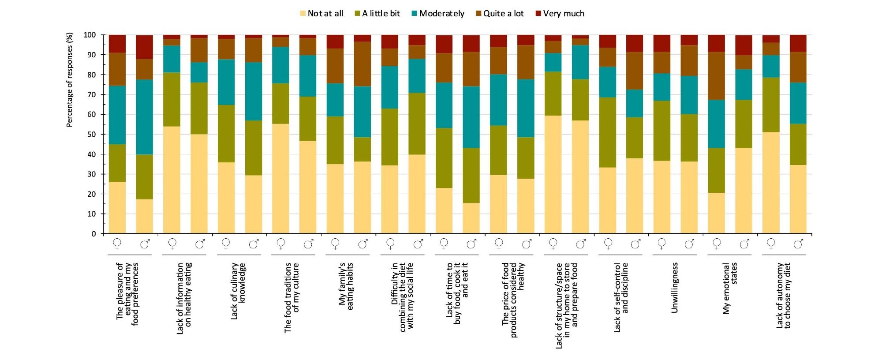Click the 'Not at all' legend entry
(321, 14)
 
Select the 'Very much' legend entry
(560, 14)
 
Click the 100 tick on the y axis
(90, 35)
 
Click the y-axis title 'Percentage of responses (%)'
(69, 80)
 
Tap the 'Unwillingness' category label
(675, 288)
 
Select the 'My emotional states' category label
(730, 288)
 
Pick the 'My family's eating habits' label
(346, 286)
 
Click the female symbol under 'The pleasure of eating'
(117, 244)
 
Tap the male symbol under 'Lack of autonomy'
(799, 244)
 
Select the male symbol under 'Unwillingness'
(689, 244)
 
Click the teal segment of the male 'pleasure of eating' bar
(144, 117)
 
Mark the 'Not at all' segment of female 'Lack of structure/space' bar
(553, 174)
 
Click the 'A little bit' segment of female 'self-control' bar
(608, 132)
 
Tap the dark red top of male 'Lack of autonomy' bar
(798, 43)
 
